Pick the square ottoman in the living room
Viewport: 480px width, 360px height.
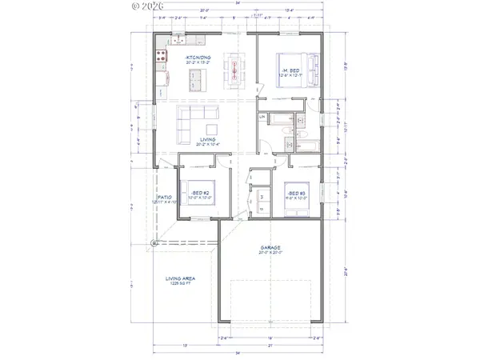pyautogui.click(x=212, y=128)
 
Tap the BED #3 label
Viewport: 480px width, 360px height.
pyautogui.click(x=295, y=194)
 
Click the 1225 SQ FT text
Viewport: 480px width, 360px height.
pyautogui.click(x=180, y=284)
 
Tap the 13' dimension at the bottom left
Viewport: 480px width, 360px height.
pyautogui.click(x=186, y=345)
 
